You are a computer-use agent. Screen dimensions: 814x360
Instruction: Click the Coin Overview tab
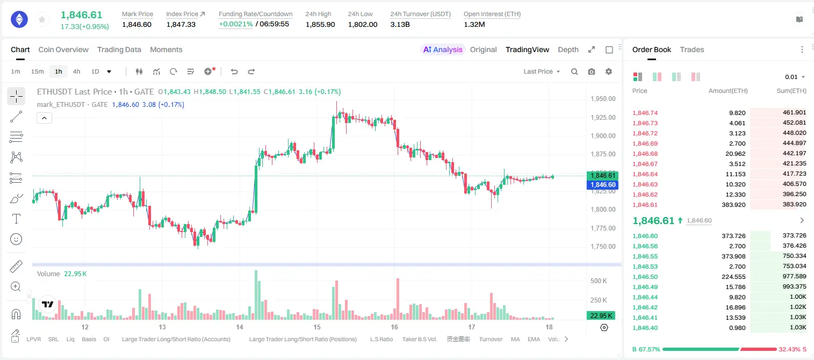click(63, 49)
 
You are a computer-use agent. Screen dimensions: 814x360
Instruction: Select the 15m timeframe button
click(37, 71)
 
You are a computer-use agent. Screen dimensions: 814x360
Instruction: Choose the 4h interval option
click(76, 71)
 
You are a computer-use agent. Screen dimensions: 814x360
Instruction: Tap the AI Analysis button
click(443, 49)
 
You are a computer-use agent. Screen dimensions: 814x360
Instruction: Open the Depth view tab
click(568, 49)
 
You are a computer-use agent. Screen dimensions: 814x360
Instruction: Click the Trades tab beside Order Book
click(692, 49)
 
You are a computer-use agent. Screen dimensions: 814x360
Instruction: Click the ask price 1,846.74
click(645, 113)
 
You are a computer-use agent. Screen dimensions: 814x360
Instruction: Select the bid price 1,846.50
click(645, 277)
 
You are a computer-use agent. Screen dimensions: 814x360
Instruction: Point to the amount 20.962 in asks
click(735, 154)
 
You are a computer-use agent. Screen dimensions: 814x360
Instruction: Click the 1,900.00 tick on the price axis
click(603, 136)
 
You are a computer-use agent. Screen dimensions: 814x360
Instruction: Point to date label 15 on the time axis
click(317, 327)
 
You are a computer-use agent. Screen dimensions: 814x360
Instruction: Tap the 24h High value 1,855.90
click(320, 24)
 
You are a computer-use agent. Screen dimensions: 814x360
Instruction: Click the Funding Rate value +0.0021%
click(235, 24)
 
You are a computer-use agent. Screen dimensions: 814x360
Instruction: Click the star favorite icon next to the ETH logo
click(42, 19)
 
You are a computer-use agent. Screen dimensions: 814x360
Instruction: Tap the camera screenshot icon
click(592, 71)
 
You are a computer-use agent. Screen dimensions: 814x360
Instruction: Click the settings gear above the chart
click(609, 71)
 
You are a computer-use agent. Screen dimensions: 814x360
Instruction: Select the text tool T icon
click(16, 219)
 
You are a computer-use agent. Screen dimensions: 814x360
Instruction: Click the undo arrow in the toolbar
click(234, 71)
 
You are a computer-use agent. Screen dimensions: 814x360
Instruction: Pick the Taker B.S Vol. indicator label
click(419, 339)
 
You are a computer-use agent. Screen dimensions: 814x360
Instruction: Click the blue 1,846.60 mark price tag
click(602, 184)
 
